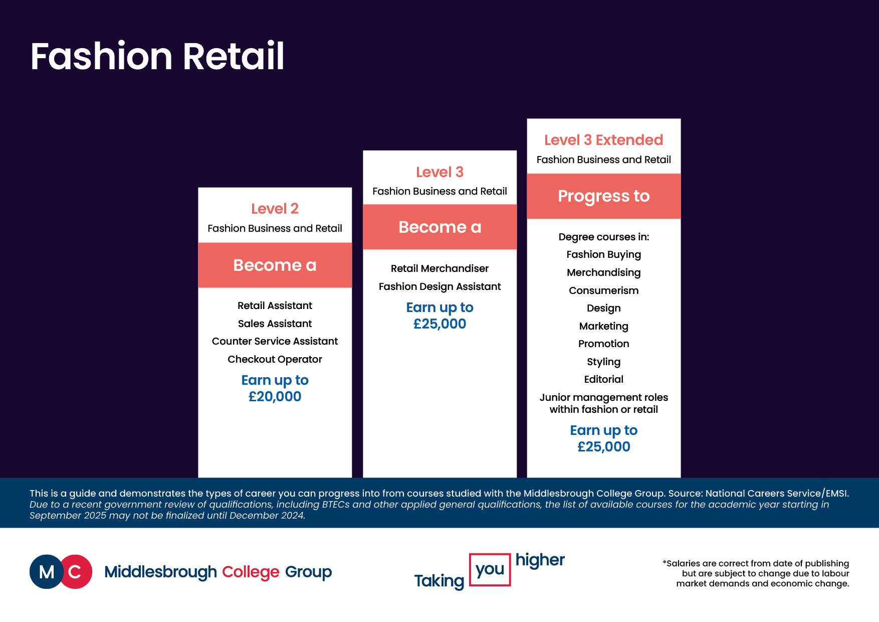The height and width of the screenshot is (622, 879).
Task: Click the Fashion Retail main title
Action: (157, 56)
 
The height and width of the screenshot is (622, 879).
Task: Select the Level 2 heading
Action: (275, 209)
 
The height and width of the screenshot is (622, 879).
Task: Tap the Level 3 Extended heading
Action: (603, 140)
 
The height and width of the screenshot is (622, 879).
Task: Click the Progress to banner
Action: (603, 196)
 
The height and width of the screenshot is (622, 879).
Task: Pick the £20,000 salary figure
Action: (275, 396)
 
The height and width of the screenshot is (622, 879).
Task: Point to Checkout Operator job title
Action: (275, 359)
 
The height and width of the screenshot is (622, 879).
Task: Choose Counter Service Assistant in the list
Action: (275, 341)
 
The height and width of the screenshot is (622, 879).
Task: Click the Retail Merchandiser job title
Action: (439, 268)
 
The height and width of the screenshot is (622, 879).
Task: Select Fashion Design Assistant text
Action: (439, 286)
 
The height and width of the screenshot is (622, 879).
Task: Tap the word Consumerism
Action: (603, 290)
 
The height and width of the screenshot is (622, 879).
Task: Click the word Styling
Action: (603, 362)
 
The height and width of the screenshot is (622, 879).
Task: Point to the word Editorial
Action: (603, 379)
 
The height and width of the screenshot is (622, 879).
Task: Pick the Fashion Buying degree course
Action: (603, 255)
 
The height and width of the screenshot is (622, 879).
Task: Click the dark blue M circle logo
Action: (46, 571)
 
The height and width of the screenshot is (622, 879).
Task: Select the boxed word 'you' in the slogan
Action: (490, 569)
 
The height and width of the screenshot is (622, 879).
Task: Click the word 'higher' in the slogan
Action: (540, 560)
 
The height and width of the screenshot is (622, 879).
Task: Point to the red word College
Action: (251, 572)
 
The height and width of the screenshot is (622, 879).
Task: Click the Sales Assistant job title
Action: (275, 324)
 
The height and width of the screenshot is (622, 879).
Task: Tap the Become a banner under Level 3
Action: (439, 227)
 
